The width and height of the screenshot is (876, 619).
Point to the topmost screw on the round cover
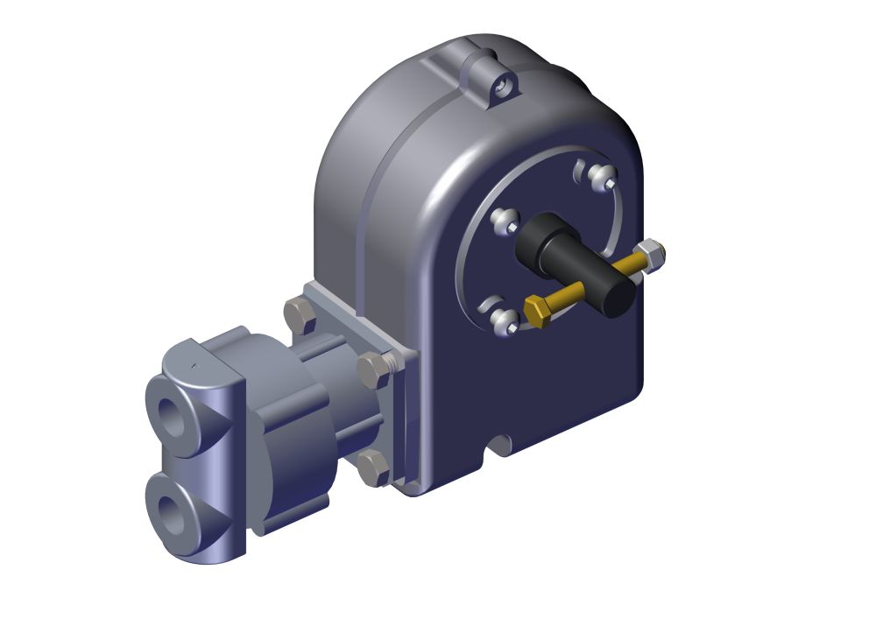tap(602, 178)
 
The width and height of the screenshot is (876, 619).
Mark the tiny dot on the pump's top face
tap(194, 362)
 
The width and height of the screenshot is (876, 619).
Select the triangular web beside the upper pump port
tap(211, 416)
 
